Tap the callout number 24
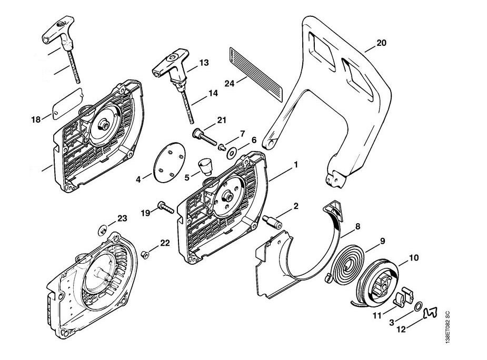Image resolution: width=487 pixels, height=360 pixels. [x=229, y=82]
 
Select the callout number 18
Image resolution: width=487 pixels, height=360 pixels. [x=36, y=120]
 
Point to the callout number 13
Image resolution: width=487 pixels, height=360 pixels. [x=204, y=63]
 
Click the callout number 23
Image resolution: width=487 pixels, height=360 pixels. [x=122, y=218]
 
